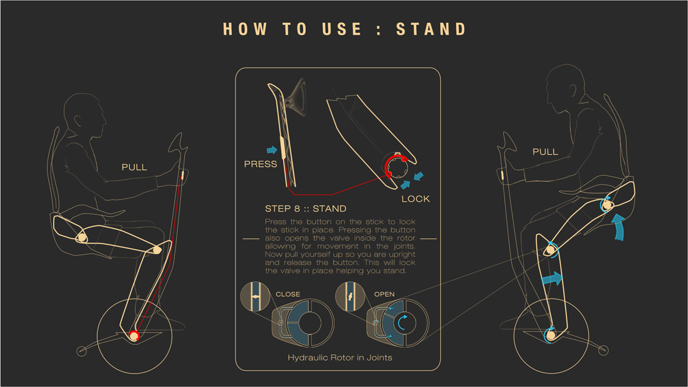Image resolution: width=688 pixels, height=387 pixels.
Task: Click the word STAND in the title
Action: (x=431, y=29)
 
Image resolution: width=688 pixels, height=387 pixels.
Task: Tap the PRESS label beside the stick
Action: (x=260, y=164)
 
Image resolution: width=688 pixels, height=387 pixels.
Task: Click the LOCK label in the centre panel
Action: (x=415, y=199)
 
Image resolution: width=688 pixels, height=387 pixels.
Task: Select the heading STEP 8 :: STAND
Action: (x=305, y=209)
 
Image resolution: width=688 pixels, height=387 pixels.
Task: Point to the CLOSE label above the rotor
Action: (x=287, y=294)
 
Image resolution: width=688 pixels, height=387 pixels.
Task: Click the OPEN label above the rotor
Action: (x=384, y=294)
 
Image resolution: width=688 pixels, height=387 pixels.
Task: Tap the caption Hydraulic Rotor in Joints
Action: (x=340, y=358)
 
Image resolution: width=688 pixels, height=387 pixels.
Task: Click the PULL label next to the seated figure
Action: (x=134, y=167)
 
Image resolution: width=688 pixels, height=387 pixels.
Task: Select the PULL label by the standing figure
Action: (x=545, y=152)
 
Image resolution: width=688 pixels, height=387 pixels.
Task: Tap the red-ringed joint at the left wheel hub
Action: (x=133, y=336)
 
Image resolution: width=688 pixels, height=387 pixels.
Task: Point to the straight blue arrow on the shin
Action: (x=551, y=279)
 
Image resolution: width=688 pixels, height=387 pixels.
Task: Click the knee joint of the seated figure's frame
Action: (x=157, y=250)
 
